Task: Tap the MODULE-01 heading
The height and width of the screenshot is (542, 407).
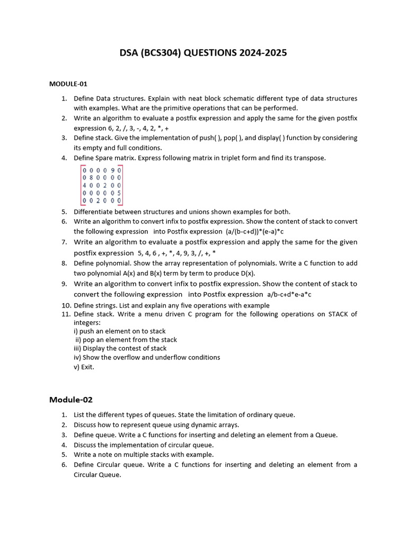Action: point(68,84)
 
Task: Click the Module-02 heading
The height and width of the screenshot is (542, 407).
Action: point(70,400)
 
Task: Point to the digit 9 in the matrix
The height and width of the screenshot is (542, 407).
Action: point(112,170)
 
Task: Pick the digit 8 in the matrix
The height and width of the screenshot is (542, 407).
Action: point(91,178)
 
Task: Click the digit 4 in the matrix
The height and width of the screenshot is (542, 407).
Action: point(84,186)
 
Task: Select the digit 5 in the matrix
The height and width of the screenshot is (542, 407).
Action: point(119,194)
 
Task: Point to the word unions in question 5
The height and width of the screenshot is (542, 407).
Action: point(178,212)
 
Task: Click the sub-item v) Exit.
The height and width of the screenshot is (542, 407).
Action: point(84,366)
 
